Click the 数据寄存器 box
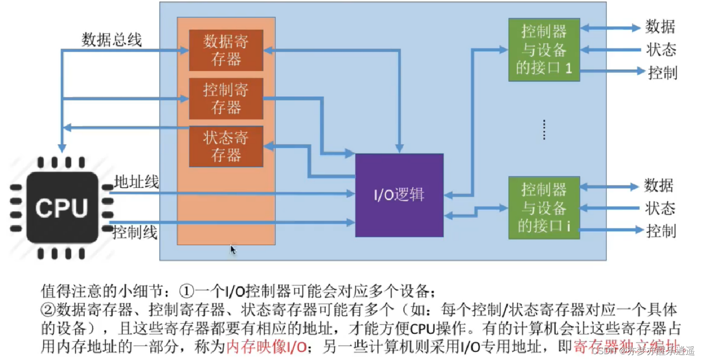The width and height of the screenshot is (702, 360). tap(226, 50)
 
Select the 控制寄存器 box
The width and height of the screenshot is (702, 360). tap(226, 99)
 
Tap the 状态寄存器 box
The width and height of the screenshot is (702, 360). tap(226, 146)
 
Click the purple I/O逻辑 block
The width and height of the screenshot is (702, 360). tap(399, 195)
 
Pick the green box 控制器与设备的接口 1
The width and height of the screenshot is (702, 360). tap(544, 50)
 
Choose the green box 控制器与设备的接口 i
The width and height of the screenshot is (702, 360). tap(544, 208)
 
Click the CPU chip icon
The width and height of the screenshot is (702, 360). tap(61, 208)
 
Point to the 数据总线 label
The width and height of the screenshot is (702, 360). tap(112, 40)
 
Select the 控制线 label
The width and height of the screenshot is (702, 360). tap(135, 233)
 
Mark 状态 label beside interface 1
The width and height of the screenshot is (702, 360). tap(662, 50)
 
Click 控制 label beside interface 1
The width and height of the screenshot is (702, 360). tap(662, 73)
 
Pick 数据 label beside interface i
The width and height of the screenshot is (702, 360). tap(659, 185)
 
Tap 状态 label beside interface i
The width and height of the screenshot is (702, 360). tap(660, 208)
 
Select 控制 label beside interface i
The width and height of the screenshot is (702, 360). tap(661, 230)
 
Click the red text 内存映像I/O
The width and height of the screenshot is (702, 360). tap(266, 347)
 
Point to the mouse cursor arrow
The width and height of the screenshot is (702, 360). tap(233, 250)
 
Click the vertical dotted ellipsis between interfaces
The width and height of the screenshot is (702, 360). tap(545, 130)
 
